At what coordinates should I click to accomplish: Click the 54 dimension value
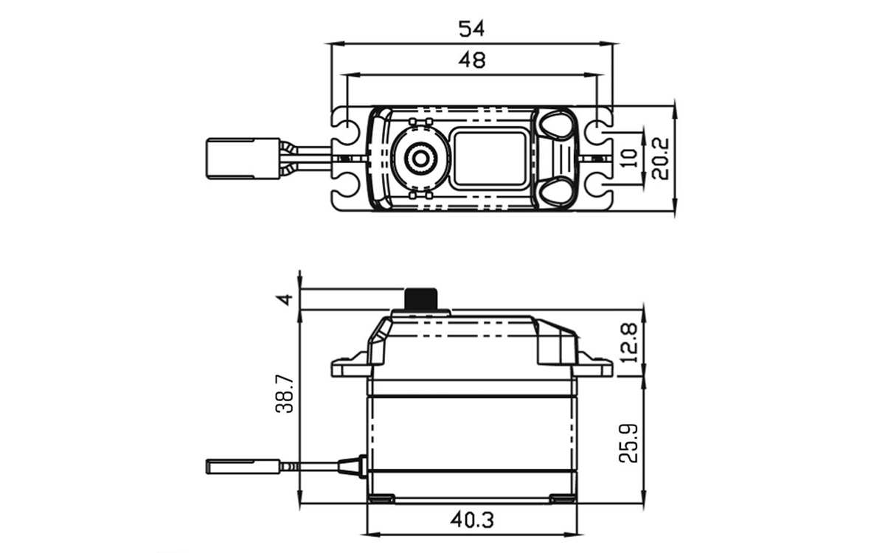click(x=471, y=29)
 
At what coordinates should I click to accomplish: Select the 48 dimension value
click(x=471, y=60)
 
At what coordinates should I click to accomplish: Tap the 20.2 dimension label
click(x=661, y=159)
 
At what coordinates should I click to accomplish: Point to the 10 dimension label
click(x=628, y=157)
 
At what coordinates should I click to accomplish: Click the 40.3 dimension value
click(x=471, y=519)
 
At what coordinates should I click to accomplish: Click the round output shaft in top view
click(x=420, y=158)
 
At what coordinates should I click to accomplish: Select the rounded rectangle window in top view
click(x=490, y=158)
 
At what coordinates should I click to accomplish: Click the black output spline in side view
click(x=422, y=299)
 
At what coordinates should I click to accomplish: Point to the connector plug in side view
click(x=243, y=466)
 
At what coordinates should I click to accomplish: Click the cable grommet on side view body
click(x=353, y=466)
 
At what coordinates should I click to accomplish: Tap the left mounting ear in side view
click(x=348, y=366)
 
